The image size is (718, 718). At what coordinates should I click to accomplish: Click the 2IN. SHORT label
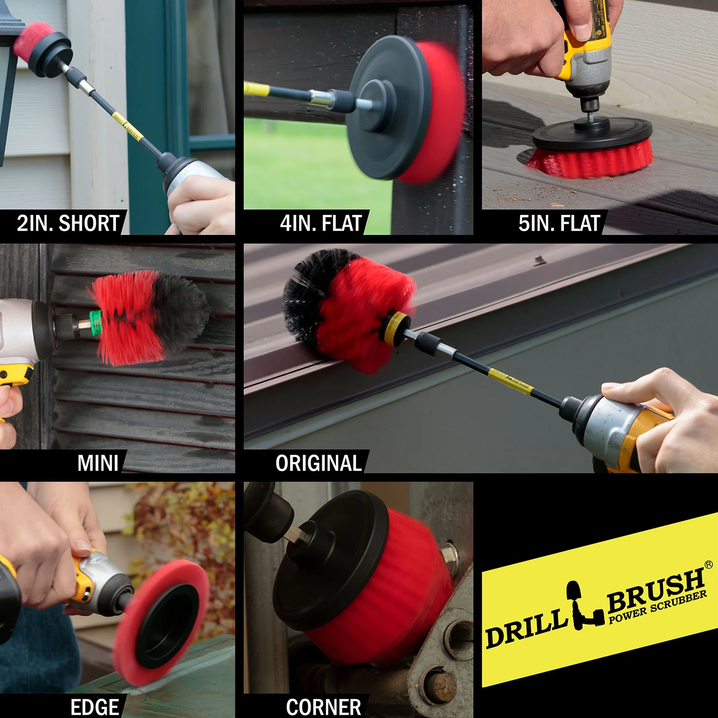pos(68,223)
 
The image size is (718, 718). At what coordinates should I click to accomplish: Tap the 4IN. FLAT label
pos(321,223)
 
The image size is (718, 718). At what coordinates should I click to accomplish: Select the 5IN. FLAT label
pos(559,223)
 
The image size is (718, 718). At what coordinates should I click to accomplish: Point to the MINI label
pos(98,463)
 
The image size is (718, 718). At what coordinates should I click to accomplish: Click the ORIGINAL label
pos(318,463)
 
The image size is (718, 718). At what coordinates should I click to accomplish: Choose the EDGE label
pos(95,707)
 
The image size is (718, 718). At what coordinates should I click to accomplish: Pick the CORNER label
pos(324,707)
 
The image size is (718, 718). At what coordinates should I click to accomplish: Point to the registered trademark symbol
pos(709,564)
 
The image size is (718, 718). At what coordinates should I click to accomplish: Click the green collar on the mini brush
pos(96,322)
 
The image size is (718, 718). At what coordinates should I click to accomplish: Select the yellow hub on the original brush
pos(395,328)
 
